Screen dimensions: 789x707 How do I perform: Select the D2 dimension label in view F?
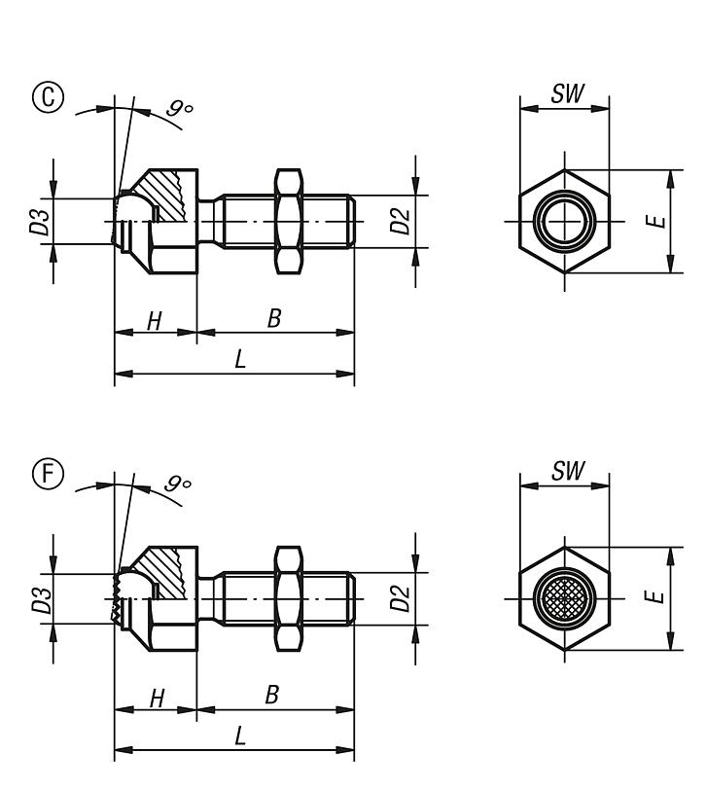tap(400, 596)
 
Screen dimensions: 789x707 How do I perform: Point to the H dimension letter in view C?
tap(154, 321)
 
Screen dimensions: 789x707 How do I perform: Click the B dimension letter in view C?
tap(274, 319)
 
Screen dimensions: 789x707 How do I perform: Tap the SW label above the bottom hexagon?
tap(564, 472)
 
